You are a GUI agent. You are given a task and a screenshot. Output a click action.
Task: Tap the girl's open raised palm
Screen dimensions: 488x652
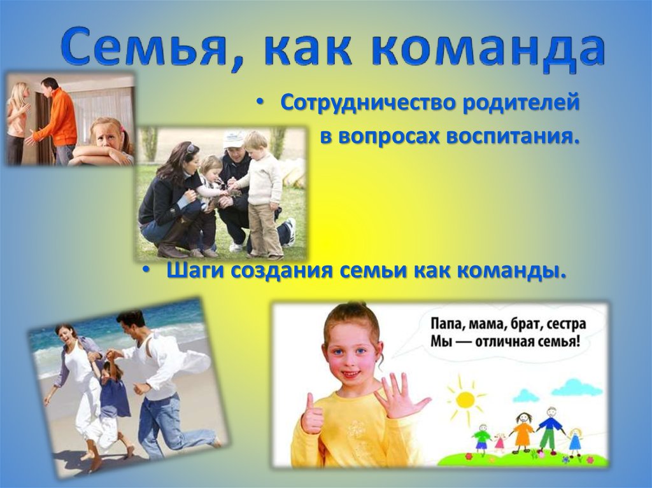tap(399, 396)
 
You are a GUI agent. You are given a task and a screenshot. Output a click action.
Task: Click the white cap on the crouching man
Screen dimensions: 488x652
tap(234, 139)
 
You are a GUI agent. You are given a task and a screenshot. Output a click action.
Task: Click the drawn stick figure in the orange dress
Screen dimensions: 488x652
tap(522, 432)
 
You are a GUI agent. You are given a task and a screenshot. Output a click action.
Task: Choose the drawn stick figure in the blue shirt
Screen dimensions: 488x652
tap(549, 426)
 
